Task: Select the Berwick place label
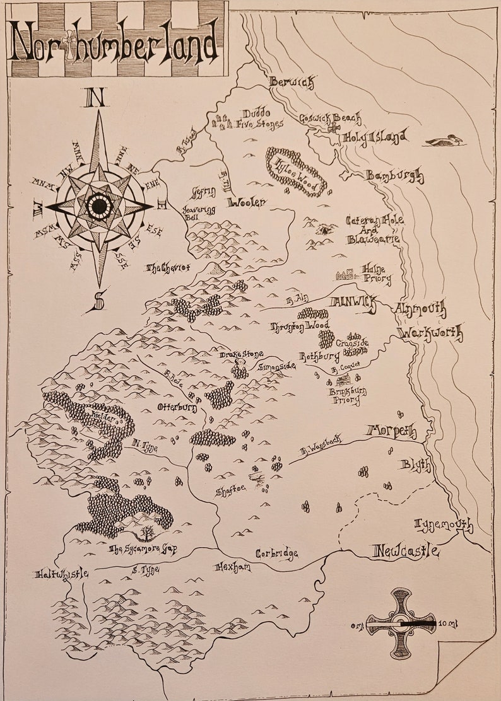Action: click(291, 82)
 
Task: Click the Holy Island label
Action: click(374, 136)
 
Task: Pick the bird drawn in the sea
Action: click(444, 141)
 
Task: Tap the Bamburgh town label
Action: click(395, 177)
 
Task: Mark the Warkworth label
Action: click(431, 333)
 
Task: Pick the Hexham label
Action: click(233, 567)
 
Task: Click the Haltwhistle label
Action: click(61, 574)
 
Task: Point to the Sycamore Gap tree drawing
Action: click(147, 533)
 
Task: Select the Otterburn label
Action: click(177, 408)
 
